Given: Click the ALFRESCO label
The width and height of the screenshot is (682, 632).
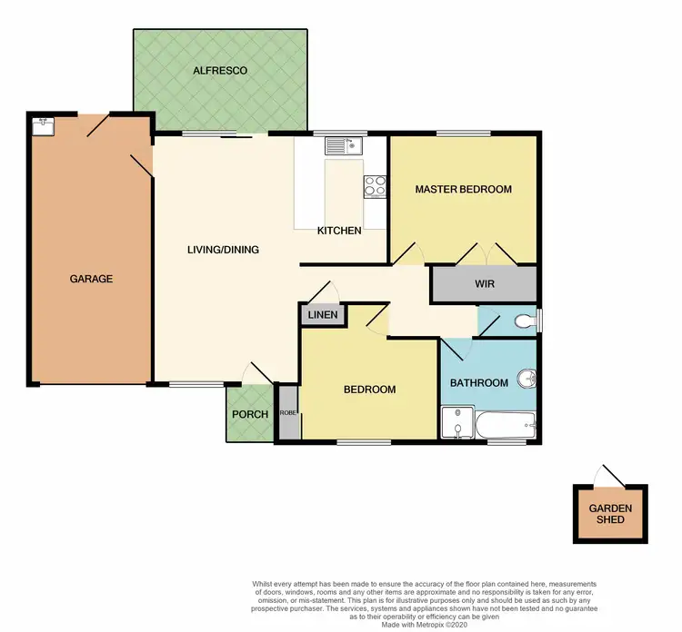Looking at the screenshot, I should (x=219, y=70).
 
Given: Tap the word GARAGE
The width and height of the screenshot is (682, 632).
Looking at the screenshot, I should (x=91, y=279).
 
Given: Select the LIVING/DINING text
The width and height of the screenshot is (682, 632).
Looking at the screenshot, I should (x=223, y=250).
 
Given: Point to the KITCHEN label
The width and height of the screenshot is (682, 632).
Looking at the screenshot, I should (x=339, y=231).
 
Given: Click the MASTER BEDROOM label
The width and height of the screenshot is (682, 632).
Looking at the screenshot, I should (x=463, y=190).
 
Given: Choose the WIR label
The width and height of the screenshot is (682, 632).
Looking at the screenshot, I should (x=485, y=283).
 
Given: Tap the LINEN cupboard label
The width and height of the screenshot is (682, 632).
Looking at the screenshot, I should (x=323, y=316).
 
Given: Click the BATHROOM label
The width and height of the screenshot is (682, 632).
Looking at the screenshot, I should (x=479, y=382).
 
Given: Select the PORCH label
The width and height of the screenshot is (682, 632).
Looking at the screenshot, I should (x=250, y=414).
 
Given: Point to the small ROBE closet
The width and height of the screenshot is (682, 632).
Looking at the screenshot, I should (x=287, y=412).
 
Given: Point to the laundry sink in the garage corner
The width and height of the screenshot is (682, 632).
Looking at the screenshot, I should (x=43, y=125).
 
